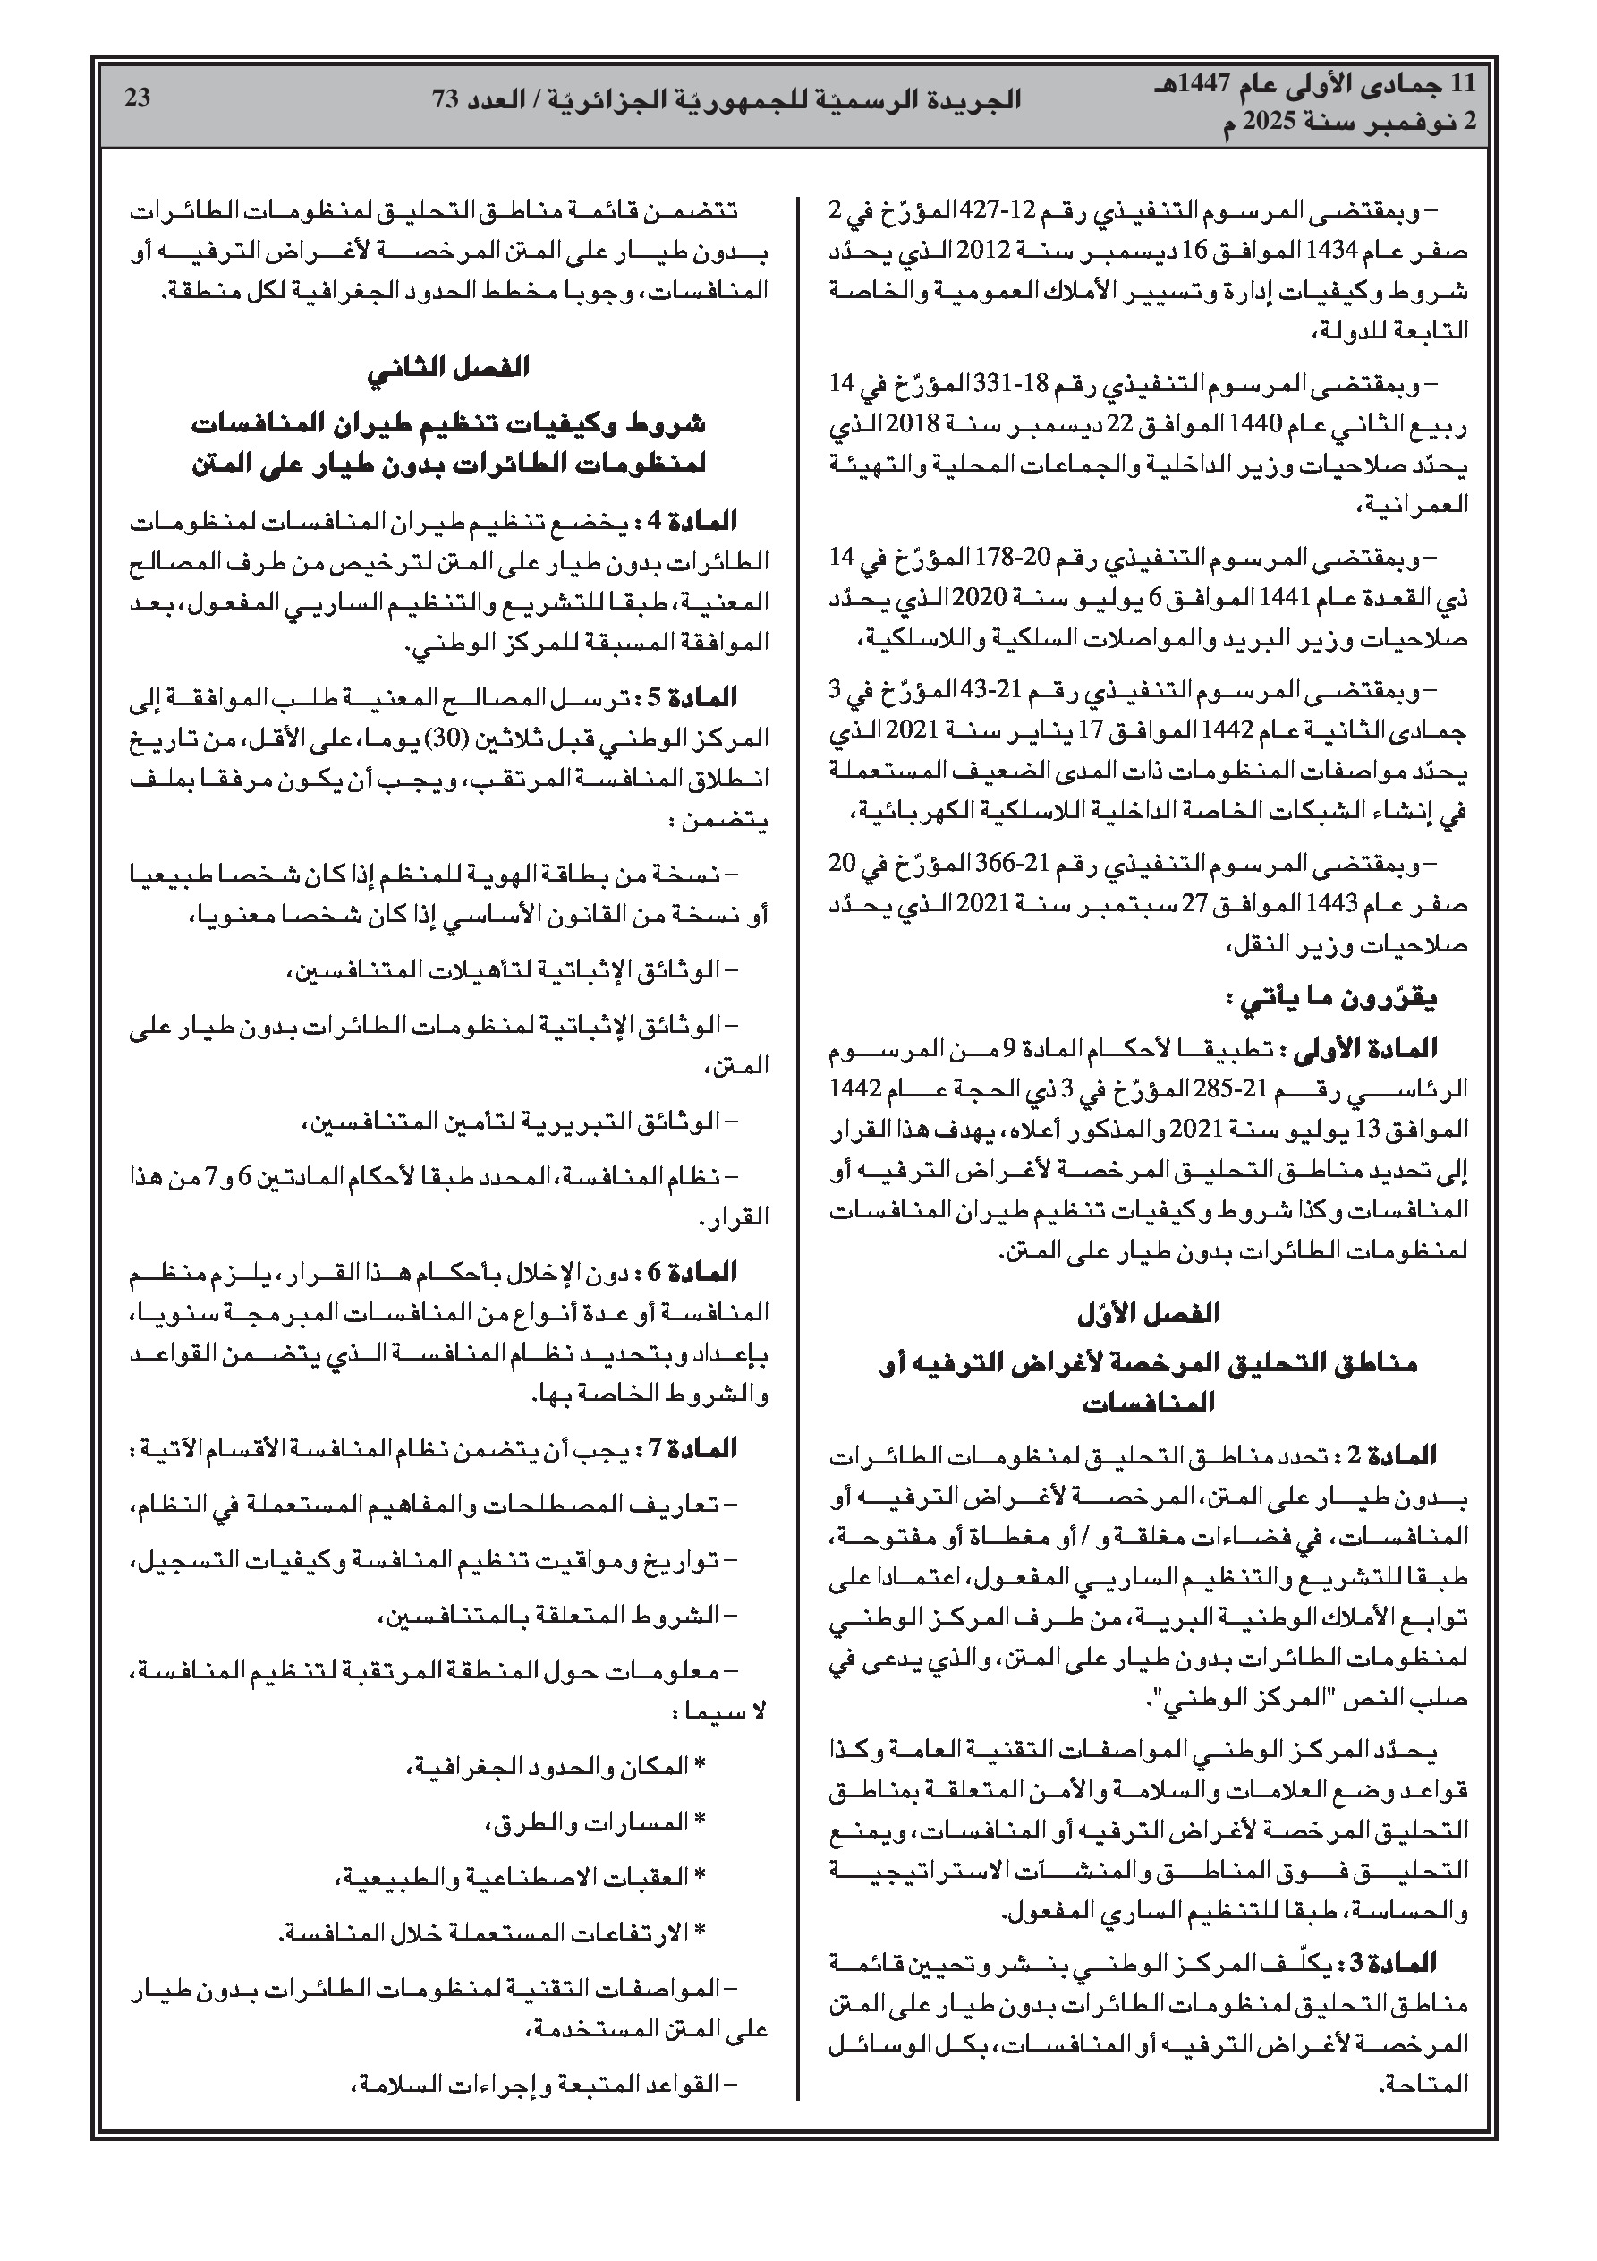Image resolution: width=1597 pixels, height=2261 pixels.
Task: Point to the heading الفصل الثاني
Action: (449, 368)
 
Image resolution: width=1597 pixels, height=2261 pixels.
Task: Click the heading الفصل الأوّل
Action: (1148, 1314)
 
